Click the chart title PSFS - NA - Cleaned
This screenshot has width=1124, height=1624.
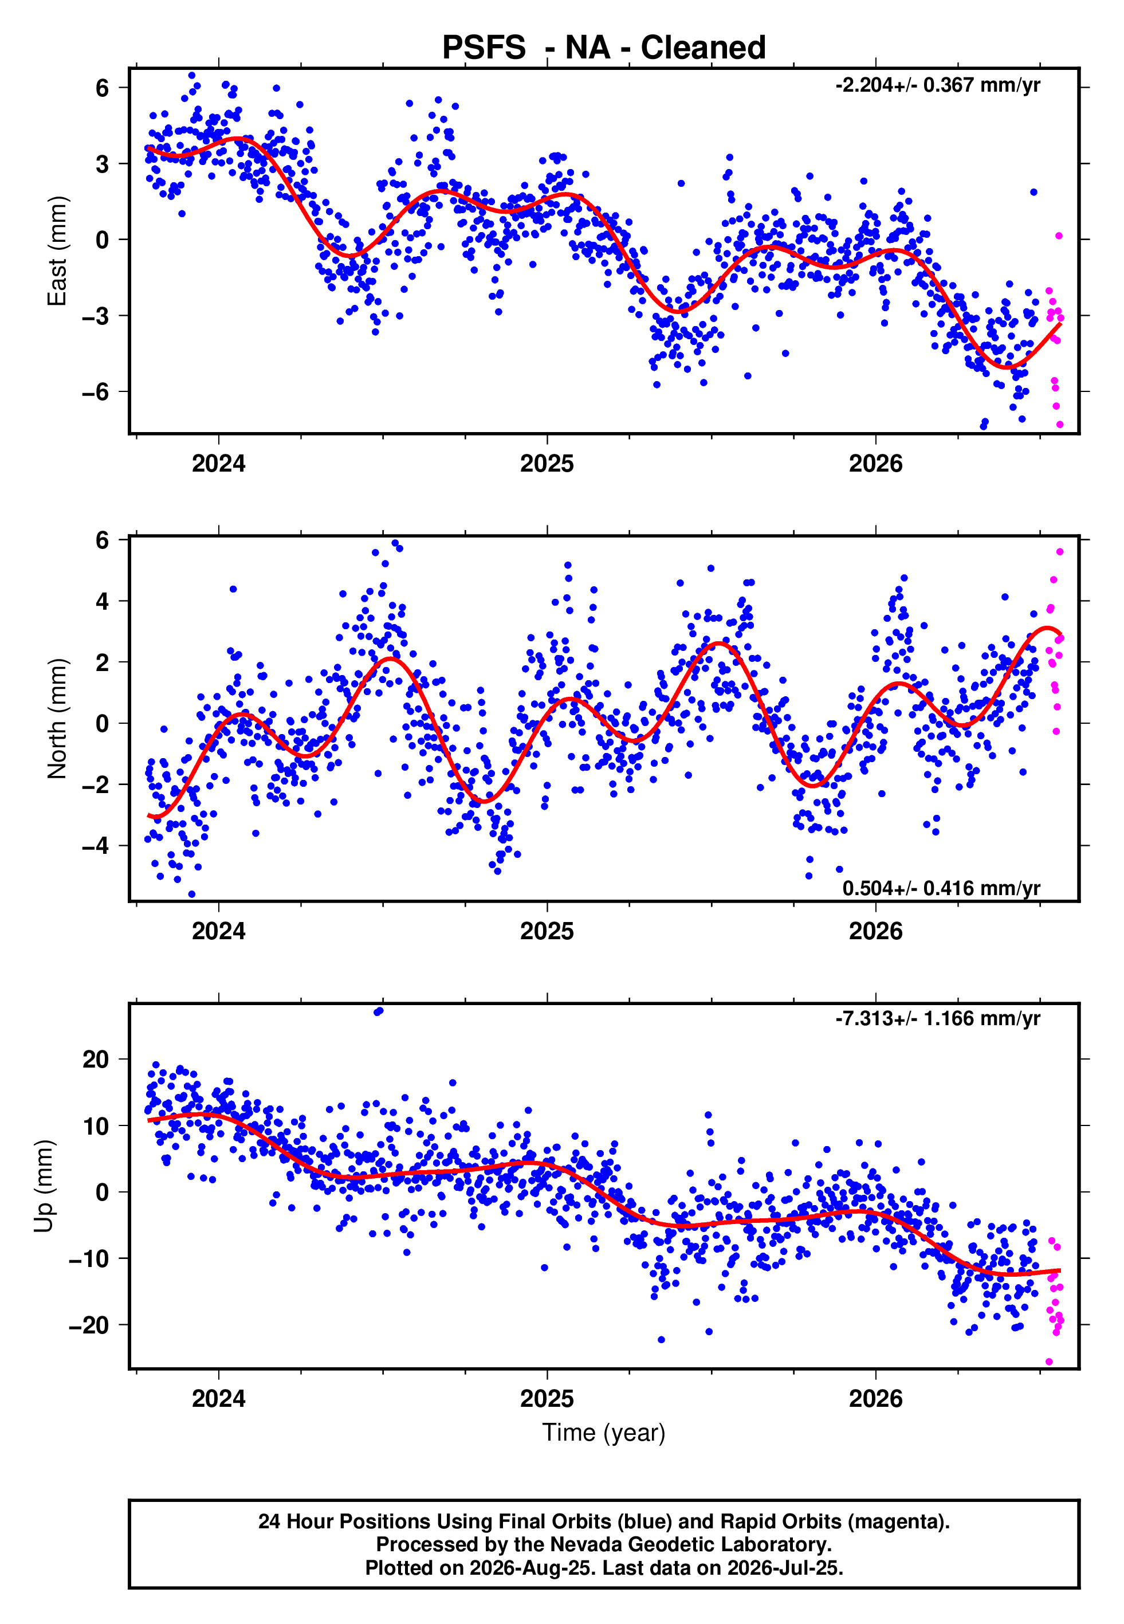pyautogui.click(x=604, y=48)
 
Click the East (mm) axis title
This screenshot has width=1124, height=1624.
pyautogui.click(x=57, y=251)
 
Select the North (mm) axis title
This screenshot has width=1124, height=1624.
pyautogui.click(x=57, y=719)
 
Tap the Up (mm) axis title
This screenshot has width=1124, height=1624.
pyautogui.click(x=44, y=1187)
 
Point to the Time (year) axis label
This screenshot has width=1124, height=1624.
pyautogui.click(x=604, y=1433)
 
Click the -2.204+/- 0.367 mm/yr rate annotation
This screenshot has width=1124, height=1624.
pyautogui.click(x=937, y=85)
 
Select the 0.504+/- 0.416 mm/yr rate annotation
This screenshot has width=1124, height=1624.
pyautogui.click(x=941, y=889)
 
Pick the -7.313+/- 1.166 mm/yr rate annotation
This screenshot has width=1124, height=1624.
pyautogui.click(x=937, y=1019)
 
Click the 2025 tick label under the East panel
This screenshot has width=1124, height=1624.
pyautogui.click(x=547, y=464)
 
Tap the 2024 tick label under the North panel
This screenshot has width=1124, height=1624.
pyautogui.click(x=218, y=931)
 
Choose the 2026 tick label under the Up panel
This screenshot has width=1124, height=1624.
pyautogui.click(x=875, y=1399)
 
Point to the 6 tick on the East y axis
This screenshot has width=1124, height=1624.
pyautogui.click(x=103, y=88)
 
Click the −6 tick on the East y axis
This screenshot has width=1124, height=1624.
pyautogui.click(x=95, y=391)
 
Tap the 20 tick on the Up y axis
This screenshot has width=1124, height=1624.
pyautogui.click(x=96, y=1059)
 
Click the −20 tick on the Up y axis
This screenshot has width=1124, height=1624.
pyautogui.click(x=89, y=1325)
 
